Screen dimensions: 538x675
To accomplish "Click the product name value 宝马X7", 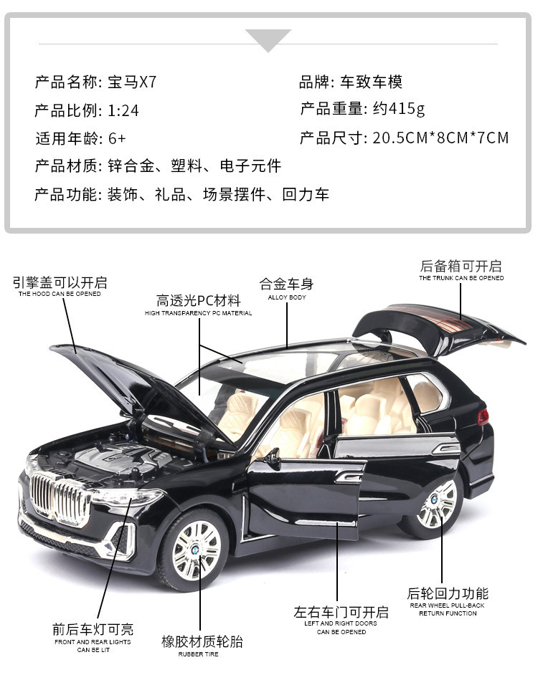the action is tap(131, 82).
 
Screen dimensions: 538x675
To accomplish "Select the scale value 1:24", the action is tap(123, 110).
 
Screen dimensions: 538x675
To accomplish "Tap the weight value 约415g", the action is tap(399, 109).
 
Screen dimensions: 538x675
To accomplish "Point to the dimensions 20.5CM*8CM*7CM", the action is tap(440, 138).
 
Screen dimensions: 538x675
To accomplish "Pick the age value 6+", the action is tap(117, 138).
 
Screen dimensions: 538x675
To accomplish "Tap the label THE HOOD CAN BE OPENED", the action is tap(60, 294).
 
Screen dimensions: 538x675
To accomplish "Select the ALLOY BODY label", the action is tap(287, 297).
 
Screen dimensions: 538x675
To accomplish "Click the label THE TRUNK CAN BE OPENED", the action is tap(461, 278).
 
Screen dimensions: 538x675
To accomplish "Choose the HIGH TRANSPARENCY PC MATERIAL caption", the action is tap(198, 313).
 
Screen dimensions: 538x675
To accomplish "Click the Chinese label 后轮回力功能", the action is tap(448, 593).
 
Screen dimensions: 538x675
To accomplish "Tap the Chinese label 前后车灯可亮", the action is tap(93, 629).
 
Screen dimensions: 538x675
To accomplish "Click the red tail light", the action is tap(483, 416).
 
